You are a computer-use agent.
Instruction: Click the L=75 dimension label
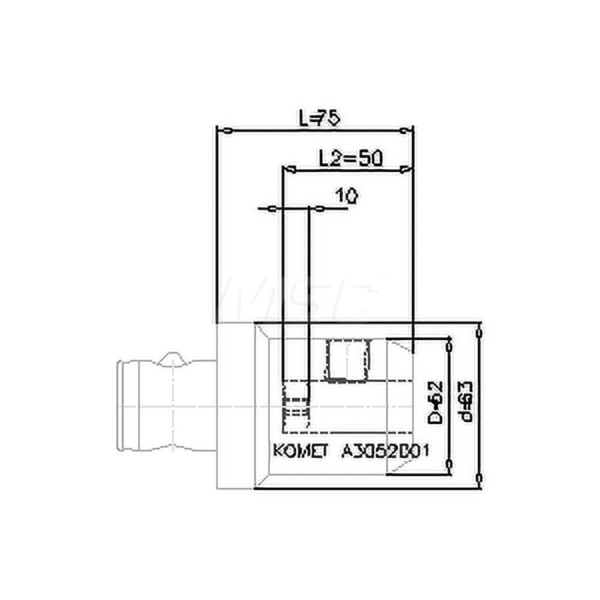(320, 118)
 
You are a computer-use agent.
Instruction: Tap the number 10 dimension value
(346, 196)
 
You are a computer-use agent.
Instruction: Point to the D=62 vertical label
(436, 401)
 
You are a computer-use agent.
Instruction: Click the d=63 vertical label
(466, 401)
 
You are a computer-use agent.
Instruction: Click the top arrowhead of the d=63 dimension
(479, 332)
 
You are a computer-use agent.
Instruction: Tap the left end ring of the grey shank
(126, 406)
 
